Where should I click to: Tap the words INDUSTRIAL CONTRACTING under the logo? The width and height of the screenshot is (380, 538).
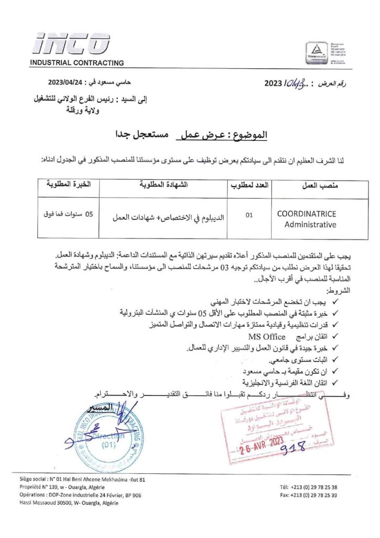coord(77,63)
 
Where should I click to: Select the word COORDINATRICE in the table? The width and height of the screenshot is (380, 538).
coord(307,214)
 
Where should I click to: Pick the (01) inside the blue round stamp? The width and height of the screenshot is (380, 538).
coord(108,444)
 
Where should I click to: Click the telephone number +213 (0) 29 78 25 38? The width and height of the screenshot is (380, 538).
coord(311,487)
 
